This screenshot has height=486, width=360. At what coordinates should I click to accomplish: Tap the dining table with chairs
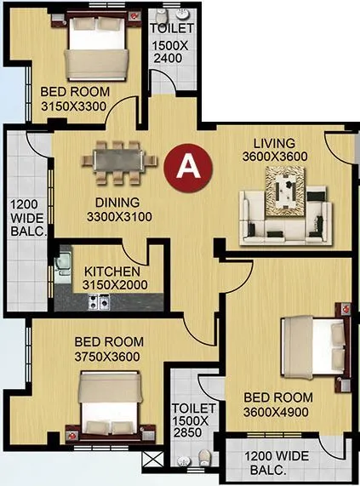pos(120,160)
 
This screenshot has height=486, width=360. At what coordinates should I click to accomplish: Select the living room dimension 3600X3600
pos(273,157)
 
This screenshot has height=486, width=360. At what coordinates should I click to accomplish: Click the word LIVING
pos(274,143)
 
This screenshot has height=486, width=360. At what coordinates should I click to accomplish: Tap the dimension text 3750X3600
pos(107,356)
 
